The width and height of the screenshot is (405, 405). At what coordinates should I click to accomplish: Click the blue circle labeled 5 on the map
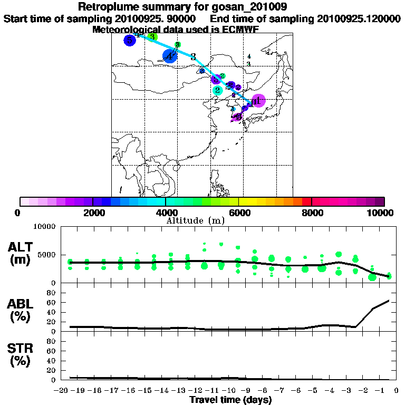[130, 40]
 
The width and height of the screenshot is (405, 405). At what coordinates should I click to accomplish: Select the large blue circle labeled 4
[169, 55]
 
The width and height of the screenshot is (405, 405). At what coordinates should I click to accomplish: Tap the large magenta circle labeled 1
[258, 101]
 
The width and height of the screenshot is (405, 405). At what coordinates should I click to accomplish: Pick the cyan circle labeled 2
[217, 90]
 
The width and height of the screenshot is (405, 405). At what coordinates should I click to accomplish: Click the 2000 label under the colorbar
[93, 213]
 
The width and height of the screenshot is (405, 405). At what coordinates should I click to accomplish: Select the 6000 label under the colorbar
[239, 213]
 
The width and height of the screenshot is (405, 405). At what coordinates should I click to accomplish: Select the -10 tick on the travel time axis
[230, 391]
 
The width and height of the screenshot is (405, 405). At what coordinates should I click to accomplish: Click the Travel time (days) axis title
[230, 400]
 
